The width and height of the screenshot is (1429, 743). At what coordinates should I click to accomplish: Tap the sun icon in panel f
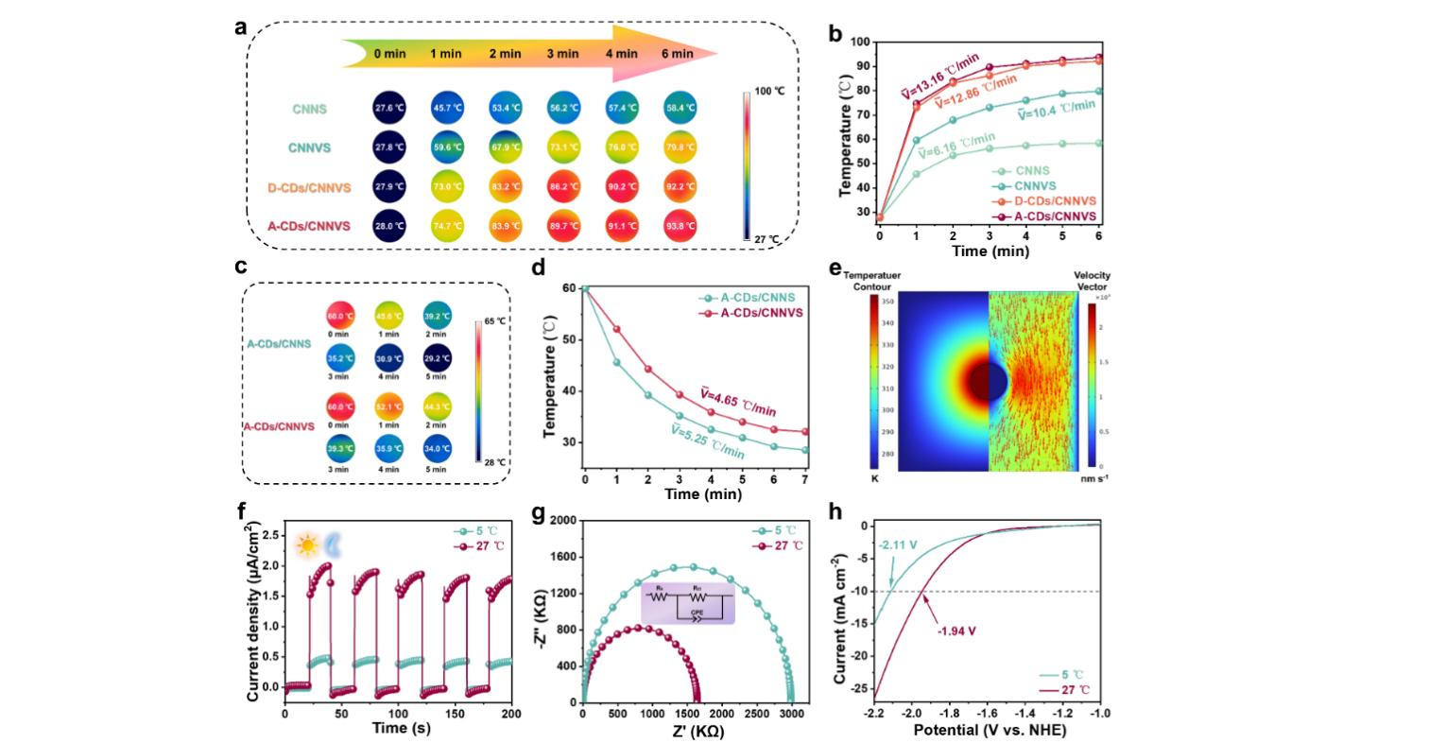[x=307, y=545]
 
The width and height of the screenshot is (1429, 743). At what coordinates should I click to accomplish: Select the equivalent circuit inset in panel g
[x=687, y=603]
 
